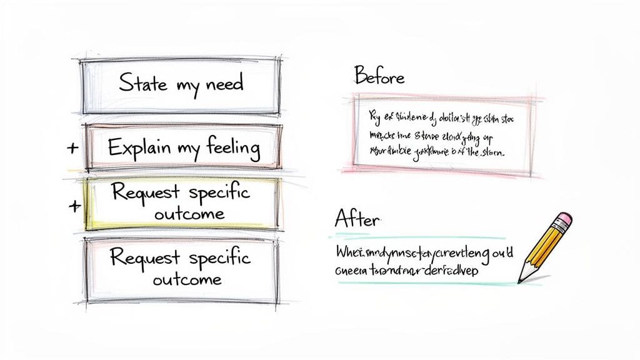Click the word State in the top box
coord(142,83)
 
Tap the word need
coord(222,84)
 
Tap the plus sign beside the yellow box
coord(76,206)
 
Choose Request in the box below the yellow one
coord(144,257)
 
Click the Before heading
coord(379,77)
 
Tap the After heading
coord(357,219)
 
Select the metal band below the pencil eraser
coord(556,227)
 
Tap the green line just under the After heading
coord(419,237)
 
